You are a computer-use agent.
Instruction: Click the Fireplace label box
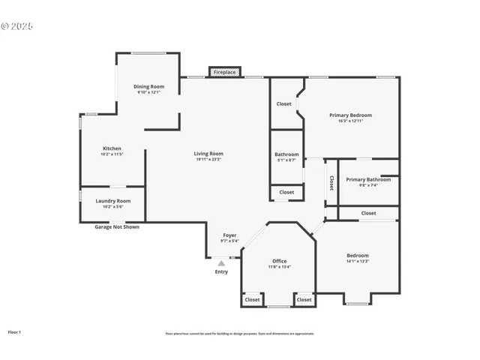click(x=224, y=72)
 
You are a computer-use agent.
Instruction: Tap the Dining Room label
click(x=148, y=87)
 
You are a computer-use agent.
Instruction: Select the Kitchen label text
click(x=112, y=148)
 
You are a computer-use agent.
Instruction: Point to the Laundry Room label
click(x=112, y=200)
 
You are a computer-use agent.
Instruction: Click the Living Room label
click(x=209, y=154)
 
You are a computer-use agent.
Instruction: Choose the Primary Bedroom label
click(x=350, y=115)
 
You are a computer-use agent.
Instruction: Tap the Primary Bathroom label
click(x=367, y=179)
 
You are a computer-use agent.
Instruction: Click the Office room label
click(x=279, y=261)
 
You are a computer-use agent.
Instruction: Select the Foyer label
click(x=229, y=235)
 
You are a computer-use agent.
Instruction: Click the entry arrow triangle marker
click(x=220, y=263)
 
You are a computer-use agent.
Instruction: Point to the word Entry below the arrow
click(x=221, y=271)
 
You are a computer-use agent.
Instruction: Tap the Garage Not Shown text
click(x=116, y=226)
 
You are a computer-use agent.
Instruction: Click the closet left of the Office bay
click(x=252, y=299)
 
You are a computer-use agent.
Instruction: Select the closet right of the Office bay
click(x=304, y=299)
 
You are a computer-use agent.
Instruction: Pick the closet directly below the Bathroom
click(x=286, y=192)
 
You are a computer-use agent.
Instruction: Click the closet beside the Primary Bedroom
click(x=283, y=103)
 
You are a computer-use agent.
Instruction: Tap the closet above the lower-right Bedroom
click(x=368, y=213)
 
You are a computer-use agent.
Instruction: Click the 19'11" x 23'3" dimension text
click(x=209, y=159)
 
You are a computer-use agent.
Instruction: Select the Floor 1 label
click(x=15, y=331)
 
